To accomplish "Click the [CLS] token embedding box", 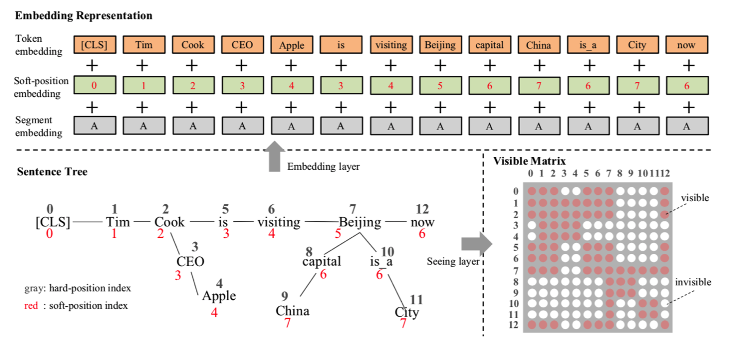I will [94, 44].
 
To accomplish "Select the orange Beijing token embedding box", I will [440, 44].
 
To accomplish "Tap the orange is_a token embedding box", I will [588, 45].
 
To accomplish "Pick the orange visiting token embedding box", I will [391, 44].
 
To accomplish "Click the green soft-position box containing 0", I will [94, 85].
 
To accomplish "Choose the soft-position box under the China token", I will [539, 86].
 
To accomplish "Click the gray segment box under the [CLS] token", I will [94, 125].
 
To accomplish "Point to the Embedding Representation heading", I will [83, 15].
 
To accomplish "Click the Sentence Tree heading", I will [52, 172].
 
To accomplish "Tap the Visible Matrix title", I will [529, 160].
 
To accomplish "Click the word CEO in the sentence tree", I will [190, 261].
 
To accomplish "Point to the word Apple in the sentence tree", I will [219, 296].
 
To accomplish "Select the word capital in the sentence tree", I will [322, 261].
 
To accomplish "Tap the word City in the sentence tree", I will [407, 312].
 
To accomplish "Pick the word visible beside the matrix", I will [695, 198].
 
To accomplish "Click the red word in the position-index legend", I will [31, 306].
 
